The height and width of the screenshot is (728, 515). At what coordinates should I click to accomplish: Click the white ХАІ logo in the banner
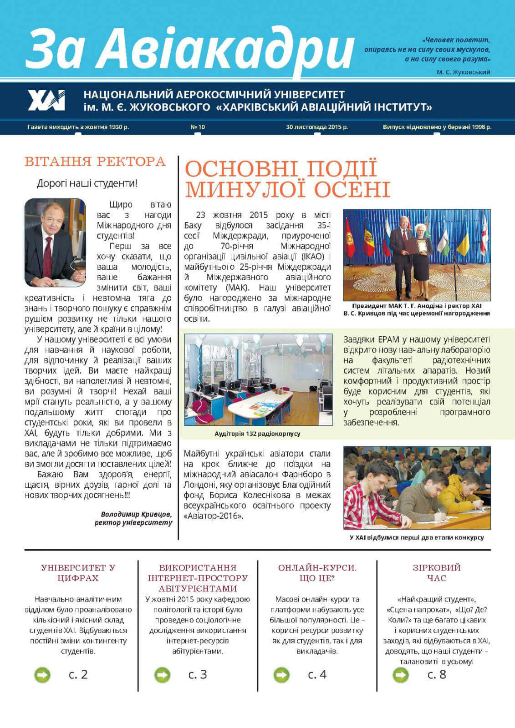click(x=46, y=100)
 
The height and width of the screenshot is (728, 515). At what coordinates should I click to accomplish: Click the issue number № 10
click(x=198, y=127)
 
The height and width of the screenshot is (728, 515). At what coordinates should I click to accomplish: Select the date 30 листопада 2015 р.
click(x=317, y=127)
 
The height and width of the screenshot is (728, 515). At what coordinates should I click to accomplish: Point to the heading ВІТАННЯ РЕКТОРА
click(x=95, y=162)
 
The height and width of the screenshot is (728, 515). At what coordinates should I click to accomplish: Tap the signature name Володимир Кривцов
click(x=137, y=514)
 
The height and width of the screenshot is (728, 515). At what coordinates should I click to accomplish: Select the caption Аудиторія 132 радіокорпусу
click(x=257, y=434)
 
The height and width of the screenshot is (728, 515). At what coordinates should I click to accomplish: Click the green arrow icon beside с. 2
click(x=42, y=675)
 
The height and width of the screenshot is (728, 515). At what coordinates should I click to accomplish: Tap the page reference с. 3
click(x=198, y=674)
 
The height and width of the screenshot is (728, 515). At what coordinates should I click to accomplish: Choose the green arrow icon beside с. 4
click(x=281, y=675)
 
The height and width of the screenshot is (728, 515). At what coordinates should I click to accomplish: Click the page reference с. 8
click(x=437, y=674)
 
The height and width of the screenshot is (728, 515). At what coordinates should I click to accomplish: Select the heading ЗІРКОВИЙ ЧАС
click(x=437, y=573)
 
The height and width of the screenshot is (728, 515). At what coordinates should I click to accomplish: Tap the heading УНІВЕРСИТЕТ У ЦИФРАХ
click(x=78, y=573)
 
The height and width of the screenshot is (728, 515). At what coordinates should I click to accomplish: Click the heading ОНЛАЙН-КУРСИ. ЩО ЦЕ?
click(x=317, y=573)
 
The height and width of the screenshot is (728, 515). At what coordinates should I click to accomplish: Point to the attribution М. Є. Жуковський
click(x=463, y=72)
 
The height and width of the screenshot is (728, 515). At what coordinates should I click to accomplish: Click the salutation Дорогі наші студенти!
click(x=87, y=184)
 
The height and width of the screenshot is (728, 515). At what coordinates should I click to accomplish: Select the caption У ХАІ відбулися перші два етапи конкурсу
click(x=417, y=537)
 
